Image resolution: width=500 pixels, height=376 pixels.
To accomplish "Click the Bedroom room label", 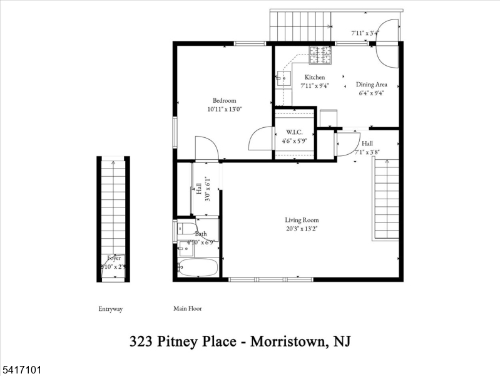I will coord(224,100).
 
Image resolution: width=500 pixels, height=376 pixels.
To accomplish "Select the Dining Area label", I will coord(372,84).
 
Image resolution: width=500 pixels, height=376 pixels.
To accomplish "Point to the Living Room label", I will coord(302,220).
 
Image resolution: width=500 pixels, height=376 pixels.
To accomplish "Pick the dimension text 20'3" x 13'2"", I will coord(302,229).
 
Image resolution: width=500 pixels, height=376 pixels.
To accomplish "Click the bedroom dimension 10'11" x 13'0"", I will coord(224,109).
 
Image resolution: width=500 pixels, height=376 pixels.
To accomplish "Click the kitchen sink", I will coord(283,79).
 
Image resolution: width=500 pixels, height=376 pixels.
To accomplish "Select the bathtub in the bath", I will coord(198,268).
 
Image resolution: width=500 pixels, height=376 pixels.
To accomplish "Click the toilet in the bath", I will coord(186,229).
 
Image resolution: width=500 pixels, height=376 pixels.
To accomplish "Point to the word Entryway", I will coord(111,309).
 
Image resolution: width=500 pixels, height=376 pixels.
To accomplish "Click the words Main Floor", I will coord(188,309).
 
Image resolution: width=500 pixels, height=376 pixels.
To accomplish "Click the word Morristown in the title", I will coord(287,342).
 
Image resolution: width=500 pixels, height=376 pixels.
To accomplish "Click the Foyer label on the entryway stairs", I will coord(114,258).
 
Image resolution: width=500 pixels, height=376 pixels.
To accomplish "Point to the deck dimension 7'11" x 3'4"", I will coord(365,33).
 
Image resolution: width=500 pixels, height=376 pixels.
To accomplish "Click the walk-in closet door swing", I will coord(262,139).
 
